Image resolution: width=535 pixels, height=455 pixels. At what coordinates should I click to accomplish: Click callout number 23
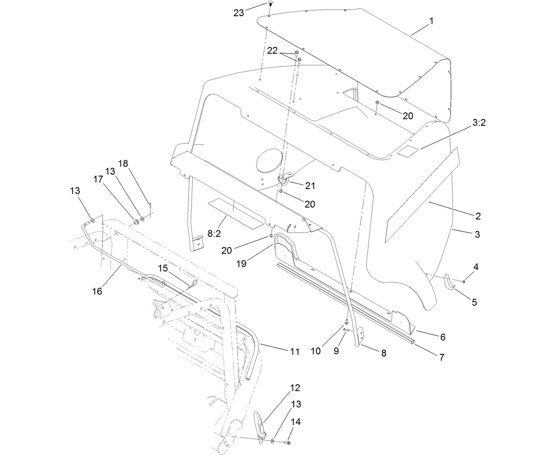tap(239, 13)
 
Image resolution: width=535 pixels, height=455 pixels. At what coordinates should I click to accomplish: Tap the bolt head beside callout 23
tap(270, 4)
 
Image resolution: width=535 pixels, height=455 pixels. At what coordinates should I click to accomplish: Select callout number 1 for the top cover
tap(431, 21)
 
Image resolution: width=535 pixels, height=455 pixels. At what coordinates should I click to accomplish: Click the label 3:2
tap(478, 123)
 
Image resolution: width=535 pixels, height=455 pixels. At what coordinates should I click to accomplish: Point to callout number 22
tap(272, 51)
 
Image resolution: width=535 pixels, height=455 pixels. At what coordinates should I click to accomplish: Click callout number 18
tap(123, 164)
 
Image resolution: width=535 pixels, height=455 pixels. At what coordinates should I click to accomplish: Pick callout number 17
tap(98, 180)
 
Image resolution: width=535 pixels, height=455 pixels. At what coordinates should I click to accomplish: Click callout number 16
tap(97, 291)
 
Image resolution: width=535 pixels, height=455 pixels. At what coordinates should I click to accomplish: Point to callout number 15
tap(163, 269)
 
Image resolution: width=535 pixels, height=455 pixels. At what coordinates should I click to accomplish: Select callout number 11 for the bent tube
tap(295, 352)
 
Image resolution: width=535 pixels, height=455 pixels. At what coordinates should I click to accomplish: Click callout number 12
tap(295, 387)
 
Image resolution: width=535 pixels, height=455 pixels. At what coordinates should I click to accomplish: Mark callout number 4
tap(476, 267)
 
